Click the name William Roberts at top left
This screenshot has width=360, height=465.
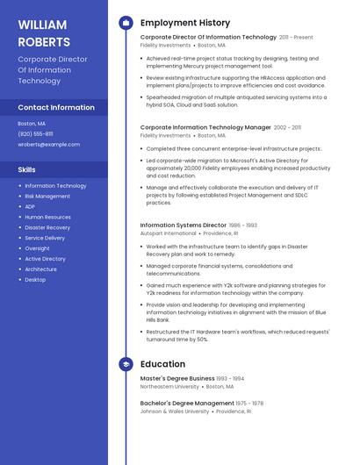click(x=44, y=32)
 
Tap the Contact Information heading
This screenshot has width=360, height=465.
click(x=56, y=107)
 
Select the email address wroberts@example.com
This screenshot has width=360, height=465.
click(x=48, y=145)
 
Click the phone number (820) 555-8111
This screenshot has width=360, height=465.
click(x=35, y=134)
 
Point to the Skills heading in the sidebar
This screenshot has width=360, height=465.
click(x=27, y=169)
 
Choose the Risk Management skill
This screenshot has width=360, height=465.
click(x=47, y=197)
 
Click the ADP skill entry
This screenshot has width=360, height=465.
click(x=30, y=207)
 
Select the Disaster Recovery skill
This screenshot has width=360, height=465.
click(x=47, y=228)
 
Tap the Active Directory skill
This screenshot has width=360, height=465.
click(x=46, y=260)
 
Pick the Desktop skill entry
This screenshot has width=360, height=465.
click(x=35, y=280)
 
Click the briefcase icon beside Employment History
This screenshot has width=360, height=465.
click(x=126, y=23)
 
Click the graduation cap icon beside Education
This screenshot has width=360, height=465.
click(x=126, y=364)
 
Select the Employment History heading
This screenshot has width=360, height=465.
click(x=185, y=23)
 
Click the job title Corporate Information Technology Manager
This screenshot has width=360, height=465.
click(x=205, y=127)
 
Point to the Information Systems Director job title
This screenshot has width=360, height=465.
click(x=184, y=225)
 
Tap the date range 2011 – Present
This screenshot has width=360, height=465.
click(x=296, y=38)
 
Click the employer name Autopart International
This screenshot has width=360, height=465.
click(x=169, y=234)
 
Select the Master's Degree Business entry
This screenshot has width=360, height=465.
click(x=177, y=378)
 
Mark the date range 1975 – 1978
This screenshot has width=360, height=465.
click(x=249, y=404)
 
